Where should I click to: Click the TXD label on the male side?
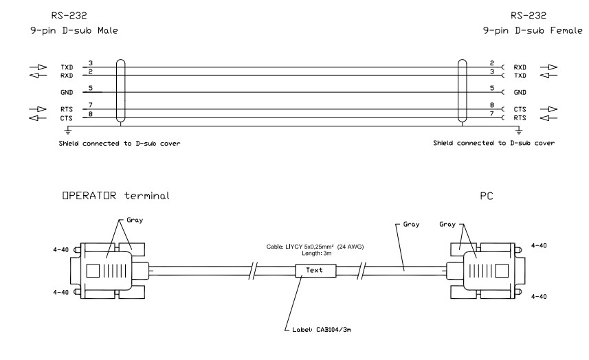(x=67, y=67)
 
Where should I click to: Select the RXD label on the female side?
(x=520, y=67)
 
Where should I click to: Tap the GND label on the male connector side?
(x=67, y=92)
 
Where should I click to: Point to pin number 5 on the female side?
(x=492, y=88)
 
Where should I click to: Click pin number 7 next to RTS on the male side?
(x=91, y=105)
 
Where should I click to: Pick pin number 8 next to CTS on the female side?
(x=492, y=105)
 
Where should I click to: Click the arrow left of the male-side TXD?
(x=38, y=67)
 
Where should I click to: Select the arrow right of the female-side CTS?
(x=548, y=109)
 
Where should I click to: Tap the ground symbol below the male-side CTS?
(x=68, y=131)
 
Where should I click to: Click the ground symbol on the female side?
(x=519, y=131)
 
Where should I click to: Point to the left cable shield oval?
(x=120, y=91)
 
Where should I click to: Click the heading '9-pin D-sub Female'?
(x=533, y=30)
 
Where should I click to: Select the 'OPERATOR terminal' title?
(x=115, y=196)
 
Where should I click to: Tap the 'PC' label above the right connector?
(x=487, y=196)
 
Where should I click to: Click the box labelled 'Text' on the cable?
(x=315, y=270)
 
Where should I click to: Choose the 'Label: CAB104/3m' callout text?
(x=322, y=330)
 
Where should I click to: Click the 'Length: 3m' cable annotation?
(x=316, y=254)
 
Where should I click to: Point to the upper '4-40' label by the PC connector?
(x=539, y=245)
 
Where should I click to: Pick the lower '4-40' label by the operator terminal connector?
(x=61, y=292)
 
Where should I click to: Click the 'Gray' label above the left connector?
(x=135, y=221)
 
